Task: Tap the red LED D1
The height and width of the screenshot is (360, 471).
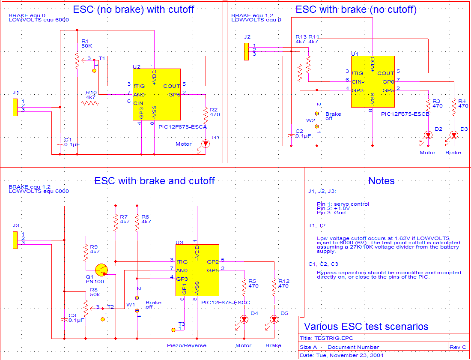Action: coord(206,144)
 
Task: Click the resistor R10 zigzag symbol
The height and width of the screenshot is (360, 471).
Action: coord(91,103)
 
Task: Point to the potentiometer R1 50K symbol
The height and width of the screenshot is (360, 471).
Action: coord(77,61)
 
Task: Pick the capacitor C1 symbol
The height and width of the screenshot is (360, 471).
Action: coord(60,143)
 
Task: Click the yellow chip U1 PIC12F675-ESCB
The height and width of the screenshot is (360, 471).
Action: coord(373,81)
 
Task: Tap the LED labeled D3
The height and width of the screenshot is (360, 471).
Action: coord(454,135)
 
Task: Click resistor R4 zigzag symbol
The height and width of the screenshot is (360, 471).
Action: coord(454,106)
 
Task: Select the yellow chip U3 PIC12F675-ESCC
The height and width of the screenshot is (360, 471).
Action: coord(197,270)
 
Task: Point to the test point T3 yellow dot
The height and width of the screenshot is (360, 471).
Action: coord(173,330)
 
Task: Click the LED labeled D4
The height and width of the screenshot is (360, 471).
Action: coord(244,319)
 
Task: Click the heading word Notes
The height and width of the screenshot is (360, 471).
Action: coord(381,181)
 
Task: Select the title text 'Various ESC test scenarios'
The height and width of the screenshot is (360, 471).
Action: coord(366,327)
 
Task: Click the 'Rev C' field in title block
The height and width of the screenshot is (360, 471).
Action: coord(458,347)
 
